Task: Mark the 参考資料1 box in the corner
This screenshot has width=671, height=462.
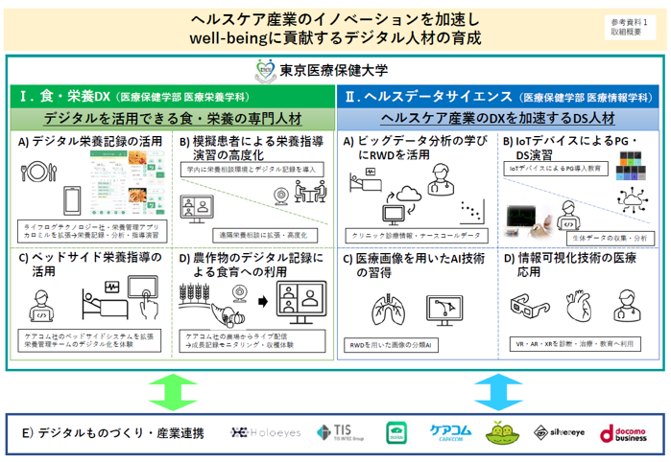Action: pos(629,26)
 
